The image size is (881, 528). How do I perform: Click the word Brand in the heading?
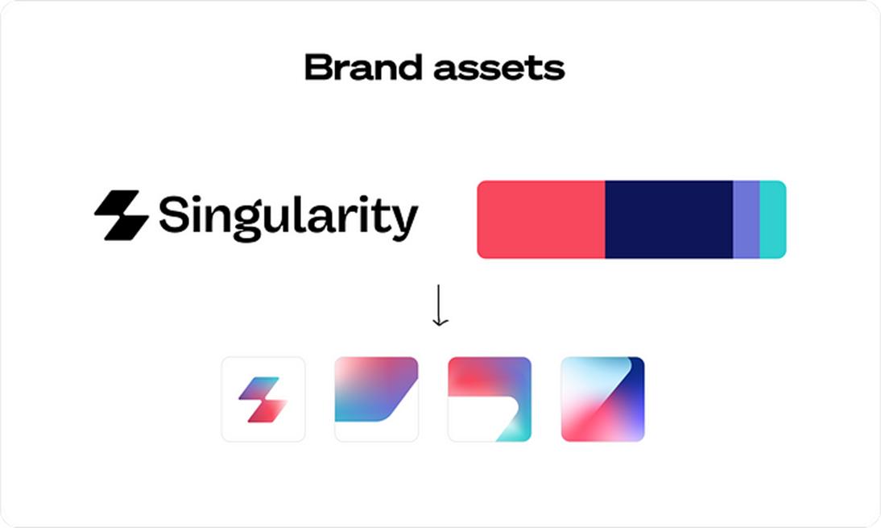click(363, 68)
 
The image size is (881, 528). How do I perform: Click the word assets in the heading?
click(499, 69)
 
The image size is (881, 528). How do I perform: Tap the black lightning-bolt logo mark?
click(122, 215)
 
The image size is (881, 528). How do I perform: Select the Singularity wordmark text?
click(288, 218)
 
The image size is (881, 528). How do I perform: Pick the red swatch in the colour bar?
click(541, 219)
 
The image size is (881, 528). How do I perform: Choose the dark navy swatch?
click(669, 219)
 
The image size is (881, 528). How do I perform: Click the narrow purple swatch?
click(747, 219)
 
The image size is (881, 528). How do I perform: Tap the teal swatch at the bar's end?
click(773, 219)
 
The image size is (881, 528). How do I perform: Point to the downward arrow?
click(440, 306)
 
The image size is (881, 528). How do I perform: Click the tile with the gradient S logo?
click(263, 399)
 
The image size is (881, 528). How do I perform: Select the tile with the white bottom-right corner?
click(376, 399)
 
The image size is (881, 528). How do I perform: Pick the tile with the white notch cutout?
click(490, 399)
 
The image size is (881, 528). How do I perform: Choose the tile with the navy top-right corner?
click(603, 399)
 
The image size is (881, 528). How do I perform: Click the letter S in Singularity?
click(173, 214)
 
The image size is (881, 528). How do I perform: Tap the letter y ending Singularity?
click(404, 222)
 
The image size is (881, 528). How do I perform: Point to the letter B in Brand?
click(318, 68)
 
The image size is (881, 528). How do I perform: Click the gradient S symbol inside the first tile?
click(263, 400)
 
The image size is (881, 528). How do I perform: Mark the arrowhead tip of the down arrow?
click(440, 326)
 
